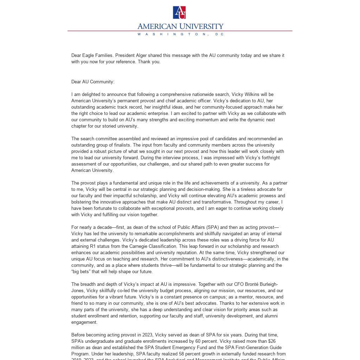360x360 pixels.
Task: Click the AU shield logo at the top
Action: [179, 12]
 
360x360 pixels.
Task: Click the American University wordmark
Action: [180, 26]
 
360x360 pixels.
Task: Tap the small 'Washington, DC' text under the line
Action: [180, 34]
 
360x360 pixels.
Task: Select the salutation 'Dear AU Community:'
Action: [93, 82]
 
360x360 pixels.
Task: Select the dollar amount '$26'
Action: [272, 341]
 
